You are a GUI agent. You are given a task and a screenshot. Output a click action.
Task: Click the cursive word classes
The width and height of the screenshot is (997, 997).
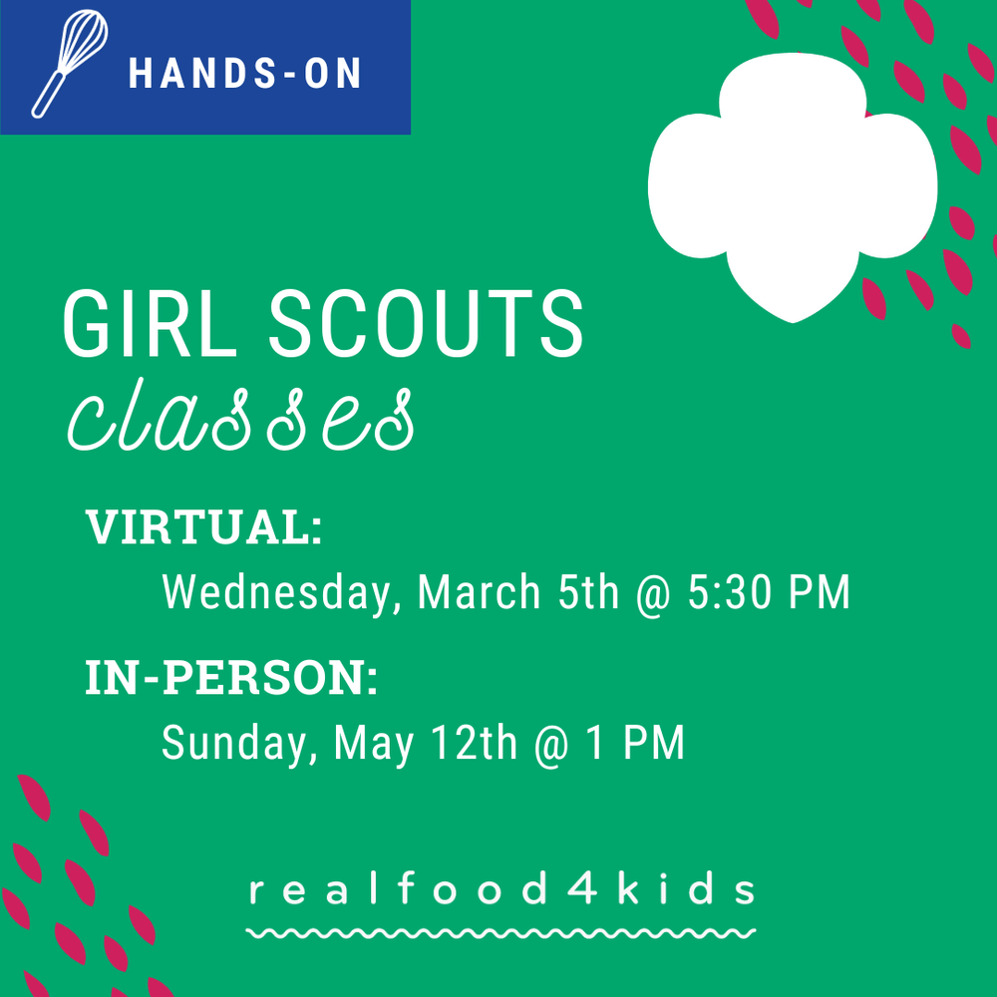239,420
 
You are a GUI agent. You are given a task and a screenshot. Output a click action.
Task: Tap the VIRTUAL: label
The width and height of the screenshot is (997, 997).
204,528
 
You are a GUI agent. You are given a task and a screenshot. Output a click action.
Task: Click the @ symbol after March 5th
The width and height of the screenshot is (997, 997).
653,594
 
